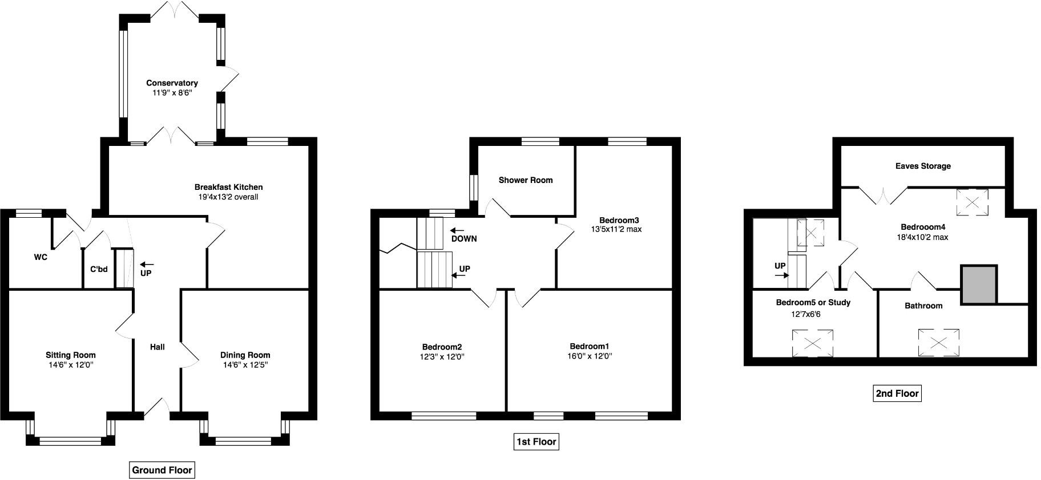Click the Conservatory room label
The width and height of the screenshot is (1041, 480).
click(x=172, y=83)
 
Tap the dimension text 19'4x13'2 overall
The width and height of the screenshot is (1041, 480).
click(x=228, y=197)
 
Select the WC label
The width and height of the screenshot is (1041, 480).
click(x=41, y=258)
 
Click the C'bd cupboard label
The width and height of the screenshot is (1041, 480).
click(x=99, y=269)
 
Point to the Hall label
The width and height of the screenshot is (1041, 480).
click(x=158, y=347)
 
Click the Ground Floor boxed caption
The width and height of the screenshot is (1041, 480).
click(x=162, y=470)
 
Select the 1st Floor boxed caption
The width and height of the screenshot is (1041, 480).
click(x=535, y=442)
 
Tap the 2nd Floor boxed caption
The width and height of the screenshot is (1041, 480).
click(x=897, y=393)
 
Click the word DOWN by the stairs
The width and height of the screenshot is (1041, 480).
click(x=463, y=239)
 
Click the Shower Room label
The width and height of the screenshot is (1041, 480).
click(x=526, y=180)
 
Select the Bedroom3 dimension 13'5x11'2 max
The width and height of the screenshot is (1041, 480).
click(x=619, y=230)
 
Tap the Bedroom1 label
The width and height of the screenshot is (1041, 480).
click(x=590, y=347)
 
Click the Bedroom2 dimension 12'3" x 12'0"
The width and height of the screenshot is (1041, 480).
click(x=442, y=357)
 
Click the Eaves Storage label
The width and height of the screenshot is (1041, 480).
click(x=923, y=166)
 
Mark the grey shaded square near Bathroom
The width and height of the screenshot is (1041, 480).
click(x=979, y=284)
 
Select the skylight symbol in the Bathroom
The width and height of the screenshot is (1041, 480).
click(x=939, y=343)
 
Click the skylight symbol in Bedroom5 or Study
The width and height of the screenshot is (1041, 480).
click(x=812, y=343)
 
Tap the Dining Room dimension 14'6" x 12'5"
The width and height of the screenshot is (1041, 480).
click(x=245, y=365)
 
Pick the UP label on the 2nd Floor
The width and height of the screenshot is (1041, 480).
click(x=780, y=266)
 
